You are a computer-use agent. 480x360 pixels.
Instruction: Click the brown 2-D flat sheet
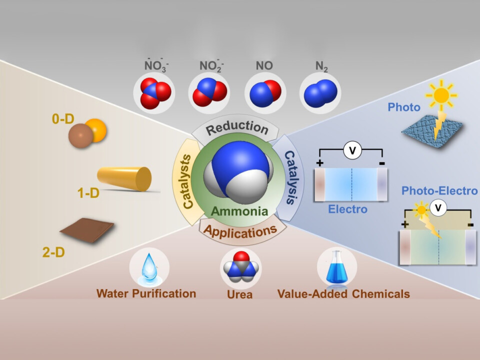[x=87, y=230]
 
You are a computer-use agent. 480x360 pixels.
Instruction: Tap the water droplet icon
[x=149, y=266]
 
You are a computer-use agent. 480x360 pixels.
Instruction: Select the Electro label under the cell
[x=348, y=209]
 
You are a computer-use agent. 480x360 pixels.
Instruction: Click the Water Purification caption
[x=146, y=293]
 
